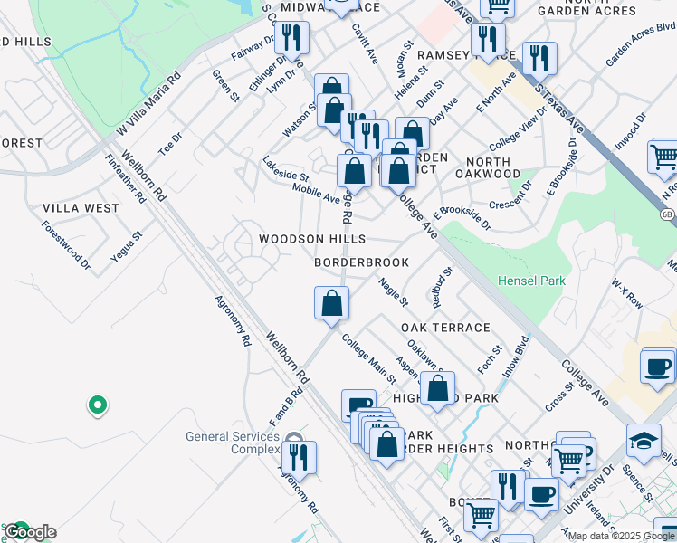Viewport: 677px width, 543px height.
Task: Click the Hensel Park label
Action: point(531,281)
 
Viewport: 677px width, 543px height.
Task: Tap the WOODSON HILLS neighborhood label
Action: point(311,239)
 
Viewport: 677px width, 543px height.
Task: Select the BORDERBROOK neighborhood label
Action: point(361,262)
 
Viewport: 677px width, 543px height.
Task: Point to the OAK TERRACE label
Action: point(445,328)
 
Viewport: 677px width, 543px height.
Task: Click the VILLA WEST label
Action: point(81,208)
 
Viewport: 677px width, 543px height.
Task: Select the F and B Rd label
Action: point(285,407)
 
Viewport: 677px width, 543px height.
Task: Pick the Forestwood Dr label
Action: point(66,245)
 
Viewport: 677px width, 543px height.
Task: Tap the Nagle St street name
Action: point(394,291)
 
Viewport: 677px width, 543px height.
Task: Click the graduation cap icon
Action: point(644,441)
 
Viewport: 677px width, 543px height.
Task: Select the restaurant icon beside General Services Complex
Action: point(298,458)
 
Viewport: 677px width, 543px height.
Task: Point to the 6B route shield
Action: point(667,214)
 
